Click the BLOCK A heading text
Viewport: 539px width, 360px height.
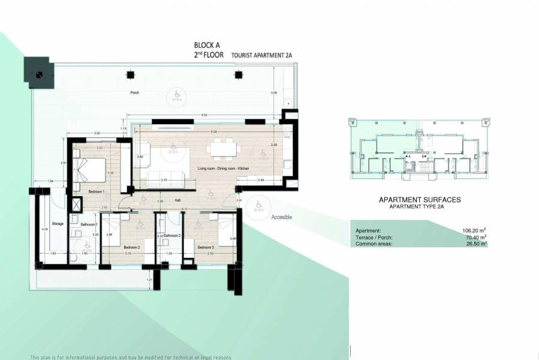coord(208,45)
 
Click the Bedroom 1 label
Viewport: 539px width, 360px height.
coord(97,191)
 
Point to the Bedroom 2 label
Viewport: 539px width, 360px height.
coord(131,247)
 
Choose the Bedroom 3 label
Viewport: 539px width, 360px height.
coord(205,247)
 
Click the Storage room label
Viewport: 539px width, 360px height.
coord(58,224)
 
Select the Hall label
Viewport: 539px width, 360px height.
coord(178,201)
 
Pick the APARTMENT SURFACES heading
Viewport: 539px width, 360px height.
coord(420,200)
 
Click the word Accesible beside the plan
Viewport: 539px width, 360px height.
coord(282,217)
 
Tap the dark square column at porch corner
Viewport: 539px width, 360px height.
coord(38,74)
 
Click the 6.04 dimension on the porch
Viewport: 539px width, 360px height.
coord(204,115)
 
